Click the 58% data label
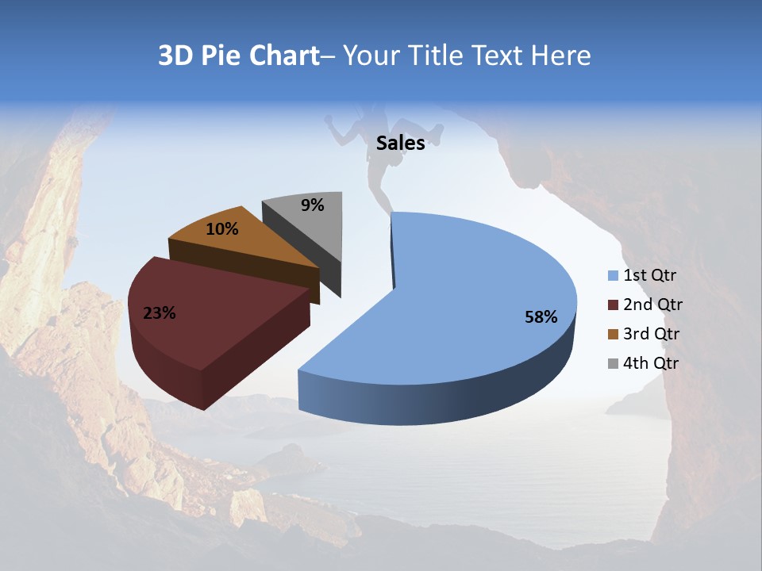541,317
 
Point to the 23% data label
160,313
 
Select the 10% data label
222,229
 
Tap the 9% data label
313,205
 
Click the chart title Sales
400,144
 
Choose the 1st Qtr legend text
650,276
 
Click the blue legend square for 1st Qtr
613,276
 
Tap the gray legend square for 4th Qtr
613,363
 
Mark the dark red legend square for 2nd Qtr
613,305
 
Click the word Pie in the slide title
220,56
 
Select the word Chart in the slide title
284,56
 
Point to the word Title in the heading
437,56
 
